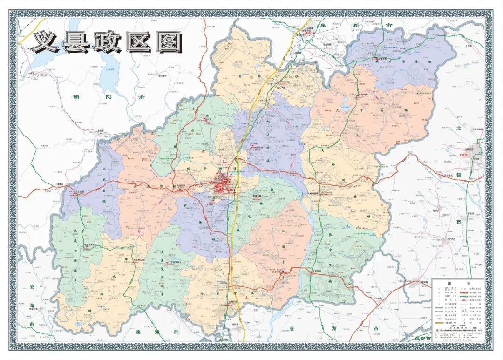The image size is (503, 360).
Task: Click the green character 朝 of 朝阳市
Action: pos(75,97)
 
